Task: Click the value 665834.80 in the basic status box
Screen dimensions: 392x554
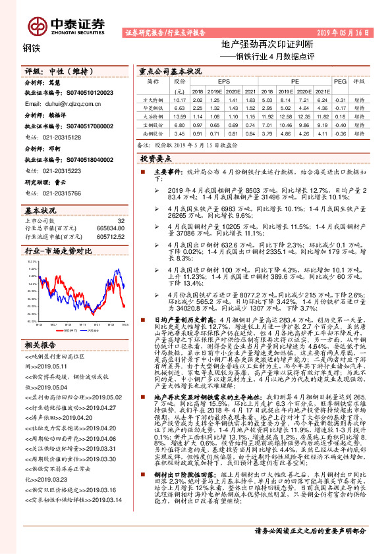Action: (x=109, y=228)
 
